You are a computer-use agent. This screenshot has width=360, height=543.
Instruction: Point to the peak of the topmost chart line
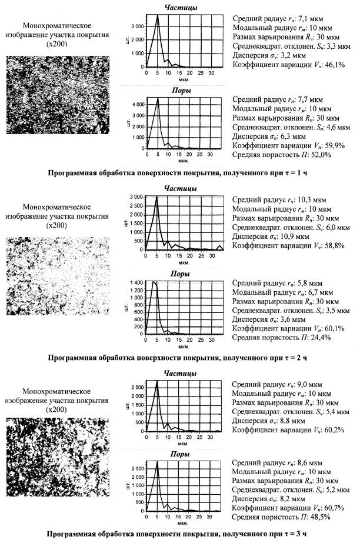click(158, 16)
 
